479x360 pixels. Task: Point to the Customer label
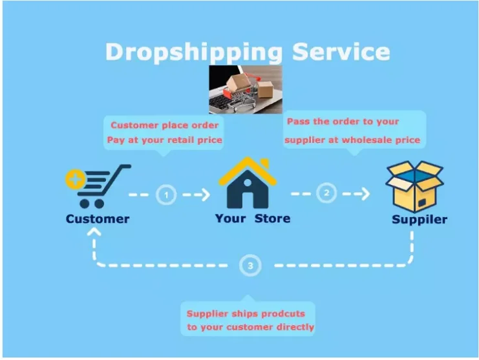point(98,218)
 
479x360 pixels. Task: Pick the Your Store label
point(253,218)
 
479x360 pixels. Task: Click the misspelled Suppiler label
point(420,219)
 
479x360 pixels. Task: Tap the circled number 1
point(167,194)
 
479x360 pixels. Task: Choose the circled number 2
point(327,193)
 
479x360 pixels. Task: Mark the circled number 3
point(250,265)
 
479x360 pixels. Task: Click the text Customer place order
point(164,125)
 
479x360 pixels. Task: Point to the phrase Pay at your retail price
point(164,140)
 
